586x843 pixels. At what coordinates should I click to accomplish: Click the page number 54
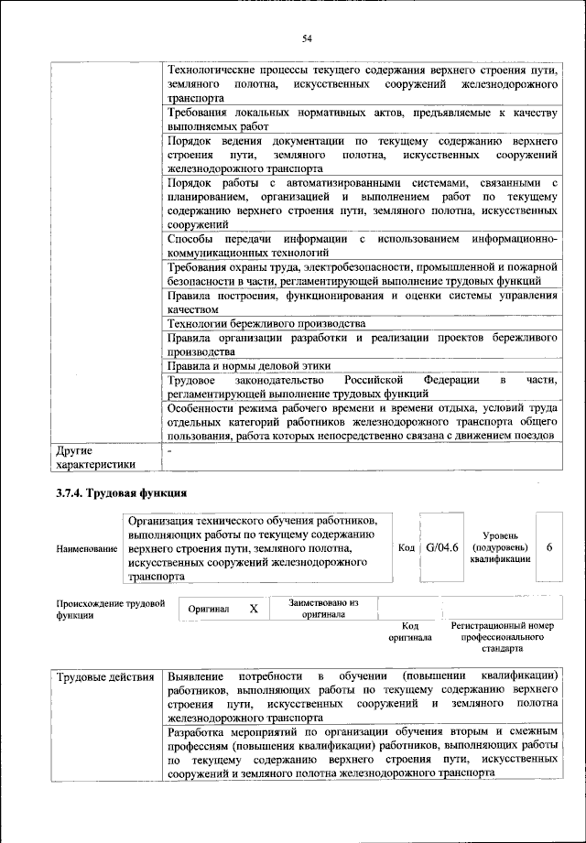308,38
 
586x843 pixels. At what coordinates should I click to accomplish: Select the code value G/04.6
441,547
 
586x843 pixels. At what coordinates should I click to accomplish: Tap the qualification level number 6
548,546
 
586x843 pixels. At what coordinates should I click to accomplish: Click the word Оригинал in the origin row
208,609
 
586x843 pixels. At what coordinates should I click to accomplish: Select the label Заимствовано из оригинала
323,609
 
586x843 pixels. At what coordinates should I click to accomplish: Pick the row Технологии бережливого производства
266,324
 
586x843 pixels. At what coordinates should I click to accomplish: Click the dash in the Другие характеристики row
169,451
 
